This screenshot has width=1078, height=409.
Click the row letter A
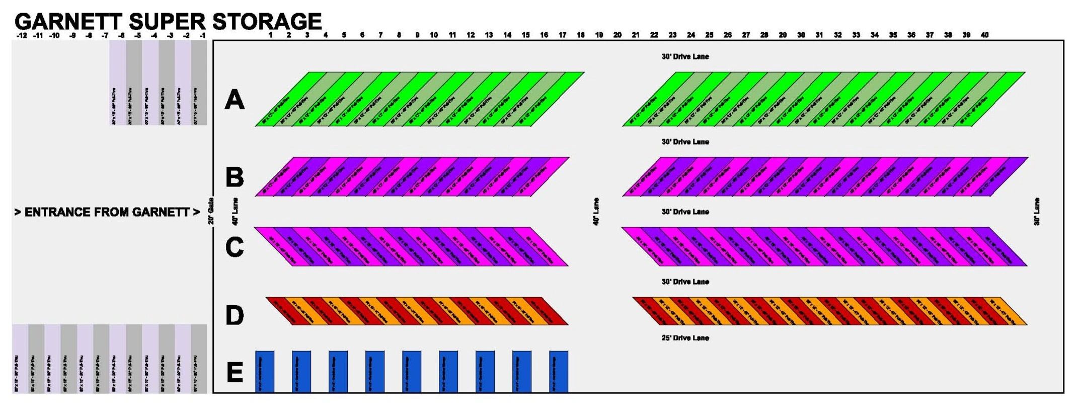pos(235,100)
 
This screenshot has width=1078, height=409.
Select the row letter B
pos(235,177)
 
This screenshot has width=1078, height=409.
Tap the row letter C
pos(235,247)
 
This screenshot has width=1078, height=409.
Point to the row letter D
pos(235,316)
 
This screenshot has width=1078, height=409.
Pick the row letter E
pos(235,373)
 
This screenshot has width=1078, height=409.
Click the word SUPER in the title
pos(167,22)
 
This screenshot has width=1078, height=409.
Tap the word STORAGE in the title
pos(267,22)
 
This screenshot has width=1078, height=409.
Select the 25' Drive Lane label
pos(685,338)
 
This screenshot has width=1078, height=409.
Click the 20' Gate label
pos(211,211)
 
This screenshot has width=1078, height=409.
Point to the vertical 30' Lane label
pos(1037,212)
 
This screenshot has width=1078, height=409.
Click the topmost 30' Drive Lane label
pos(685,56)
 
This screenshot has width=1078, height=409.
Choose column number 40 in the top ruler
pos(984,35)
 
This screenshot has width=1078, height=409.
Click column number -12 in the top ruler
pos(22,36)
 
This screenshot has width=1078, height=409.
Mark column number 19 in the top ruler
pos(599,35)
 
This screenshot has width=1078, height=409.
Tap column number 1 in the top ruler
pos(270,35)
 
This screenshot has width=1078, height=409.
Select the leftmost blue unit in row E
pos(265,372)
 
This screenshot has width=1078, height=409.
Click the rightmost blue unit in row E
pos(559,372)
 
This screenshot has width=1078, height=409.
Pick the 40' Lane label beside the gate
pos(235,212)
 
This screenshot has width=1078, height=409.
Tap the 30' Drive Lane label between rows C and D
pos(685,282)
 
